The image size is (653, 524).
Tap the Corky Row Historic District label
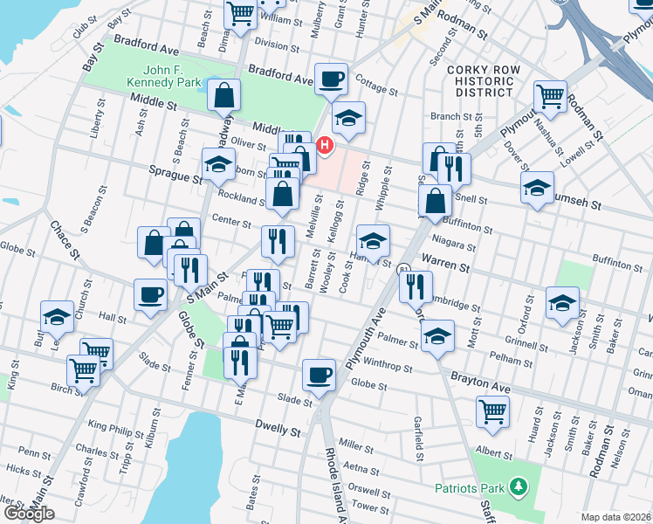(x=479, y=80)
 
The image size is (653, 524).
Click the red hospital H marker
(x=325, y=144)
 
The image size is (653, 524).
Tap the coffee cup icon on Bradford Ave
(x=331, y=79)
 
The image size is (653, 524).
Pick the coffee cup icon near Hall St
(x=150, y=295)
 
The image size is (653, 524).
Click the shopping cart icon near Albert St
(x=493, y=410)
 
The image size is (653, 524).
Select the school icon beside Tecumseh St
(x=537, y=187)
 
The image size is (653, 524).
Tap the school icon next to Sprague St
(x=218, y=163)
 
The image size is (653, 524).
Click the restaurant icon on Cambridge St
(x=416, y=286)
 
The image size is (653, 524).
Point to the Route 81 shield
(x=403, y=269)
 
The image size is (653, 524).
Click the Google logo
(x=29, y=514)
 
